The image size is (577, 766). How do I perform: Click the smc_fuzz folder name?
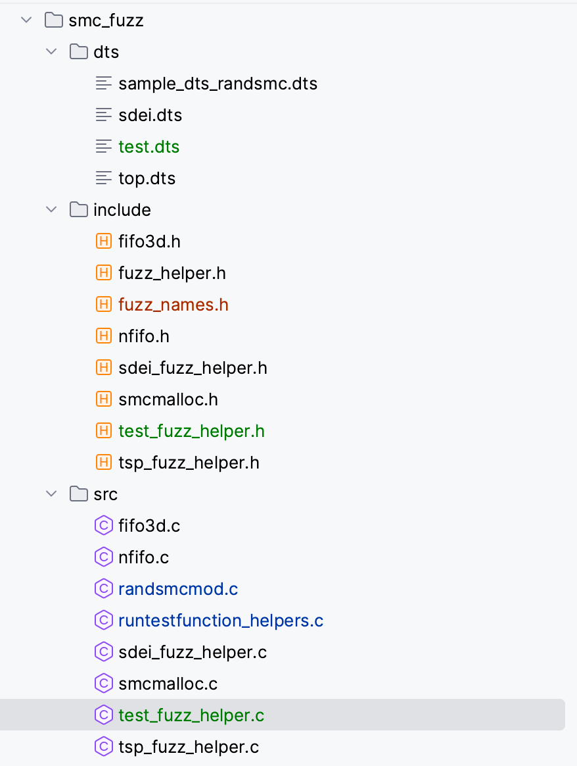[x=106, y=20]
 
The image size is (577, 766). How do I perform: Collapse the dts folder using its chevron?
[x=51, y=52]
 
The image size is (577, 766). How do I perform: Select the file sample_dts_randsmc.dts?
[x=218, y=84]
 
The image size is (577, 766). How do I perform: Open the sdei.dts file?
[x=150, y=115]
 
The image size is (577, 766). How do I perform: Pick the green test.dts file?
[x=149, y=147]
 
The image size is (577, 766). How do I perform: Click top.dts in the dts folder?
[x=147, y=178]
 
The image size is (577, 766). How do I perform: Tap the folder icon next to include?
[x=78, y=210]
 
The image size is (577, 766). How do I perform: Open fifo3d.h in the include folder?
[x=149, y=242]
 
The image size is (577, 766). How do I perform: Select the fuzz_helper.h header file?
[x=172, y=273]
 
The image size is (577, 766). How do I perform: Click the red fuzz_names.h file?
[x=173, y=305]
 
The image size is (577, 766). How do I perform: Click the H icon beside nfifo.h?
[x=103, y=336]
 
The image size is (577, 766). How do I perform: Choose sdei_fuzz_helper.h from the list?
[x=193, y=368]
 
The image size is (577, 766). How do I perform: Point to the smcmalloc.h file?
[x=168, y=399]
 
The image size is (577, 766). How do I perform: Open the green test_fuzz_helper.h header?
[x=191, y=431]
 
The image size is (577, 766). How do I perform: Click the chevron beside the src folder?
[x=51, y=494]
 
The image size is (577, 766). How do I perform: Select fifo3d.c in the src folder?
[x=149, y=526]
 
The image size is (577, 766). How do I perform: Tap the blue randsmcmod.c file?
[x=178, y=589]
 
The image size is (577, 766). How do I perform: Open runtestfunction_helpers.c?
[x=221, y=621]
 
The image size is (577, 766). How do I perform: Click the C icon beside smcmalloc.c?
[x=103, y=684]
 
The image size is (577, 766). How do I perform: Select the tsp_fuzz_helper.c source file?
[x=189, y=747]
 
